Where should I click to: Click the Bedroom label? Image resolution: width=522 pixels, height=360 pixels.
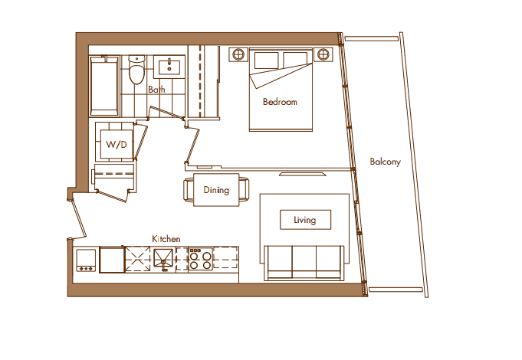280,101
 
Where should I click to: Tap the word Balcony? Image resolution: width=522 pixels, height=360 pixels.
385,162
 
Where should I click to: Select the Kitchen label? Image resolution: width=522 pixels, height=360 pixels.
166,238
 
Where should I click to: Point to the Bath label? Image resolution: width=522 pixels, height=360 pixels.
156,89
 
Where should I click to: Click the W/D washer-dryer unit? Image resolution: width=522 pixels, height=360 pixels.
117,144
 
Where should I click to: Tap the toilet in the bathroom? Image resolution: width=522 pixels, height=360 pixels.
136,69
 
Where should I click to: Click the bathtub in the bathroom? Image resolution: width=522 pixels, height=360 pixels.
104,87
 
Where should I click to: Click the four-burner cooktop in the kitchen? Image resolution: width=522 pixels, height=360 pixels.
200,259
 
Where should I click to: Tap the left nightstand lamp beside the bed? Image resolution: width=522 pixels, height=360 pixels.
238,54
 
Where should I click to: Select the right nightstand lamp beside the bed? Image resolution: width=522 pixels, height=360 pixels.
323,54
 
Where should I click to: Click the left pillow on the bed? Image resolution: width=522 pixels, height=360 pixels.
266,61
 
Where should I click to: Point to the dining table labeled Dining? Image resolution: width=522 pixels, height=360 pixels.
216,190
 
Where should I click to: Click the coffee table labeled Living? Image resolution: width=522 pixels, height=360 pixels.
305,220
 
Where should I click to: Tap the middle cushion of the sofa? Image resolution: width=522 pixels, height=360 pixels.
304,262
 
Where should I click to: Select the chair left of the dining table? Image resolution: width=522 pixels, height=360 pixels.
189,189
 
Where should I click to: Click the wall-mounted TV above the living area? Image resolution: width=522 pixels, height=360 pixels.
302,174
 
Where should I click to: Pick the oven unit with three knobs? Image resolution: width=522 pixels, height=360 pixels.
86,260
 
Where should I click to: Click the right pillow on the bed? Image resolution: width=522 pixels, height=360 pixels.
295,60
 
